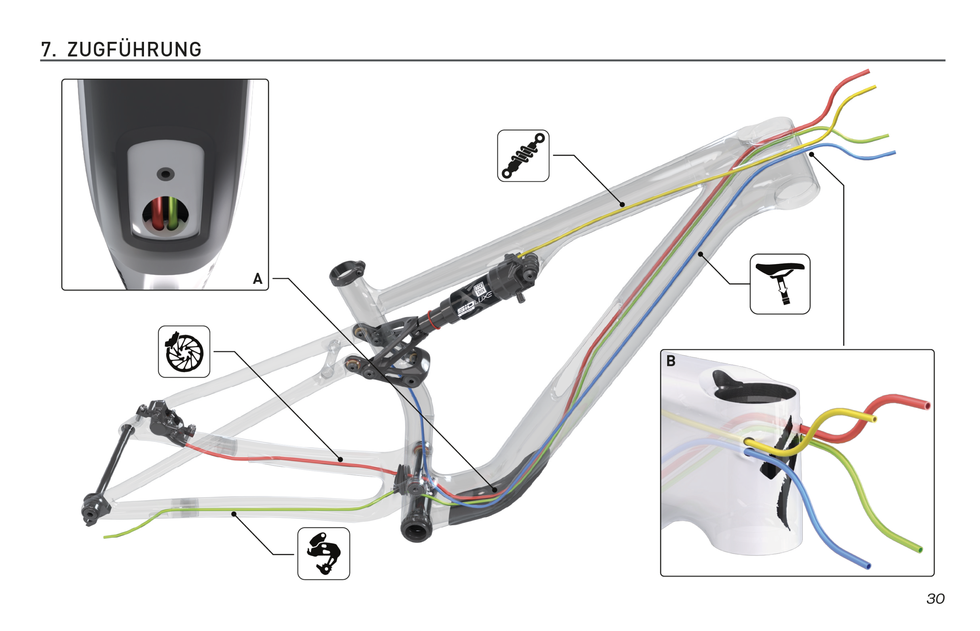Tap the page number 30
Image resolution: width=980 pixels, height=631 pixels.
click(x=936, y=599)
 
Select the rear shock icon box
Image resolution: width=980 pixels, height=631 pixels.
click(x=523, y=156)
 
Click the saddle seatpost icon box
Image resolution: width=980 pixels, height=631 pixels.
click(x=779, y=284)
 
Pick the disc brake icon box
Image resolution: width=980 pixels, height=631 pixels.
click(x=184, y=352)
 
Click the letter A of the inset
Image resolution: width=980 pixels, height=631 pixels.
click(x=257, y=279)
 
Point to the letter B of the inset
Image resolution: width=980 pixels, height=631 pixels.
click(x=671, y=361)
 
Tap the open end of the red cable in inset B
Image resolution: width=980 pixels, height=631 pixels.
click(x=928, y=406)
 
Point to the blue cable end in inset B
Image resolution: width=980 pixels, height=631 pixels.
click(x=868, y=566)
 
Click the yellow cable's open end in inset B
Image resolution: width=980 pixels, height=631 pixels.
click(x=875, y=419)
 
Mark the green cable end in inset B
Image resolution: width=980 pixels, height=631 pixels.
click(x=920, y=550)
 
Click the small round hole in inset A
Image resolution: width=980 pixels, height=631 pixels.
click(x=165, y=174)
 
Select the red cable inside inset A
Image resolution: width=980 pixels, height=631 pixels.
click(x=157, y=213)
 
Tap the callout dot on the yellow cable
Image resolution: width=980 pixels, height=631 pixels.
click(x=622, y=204)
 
